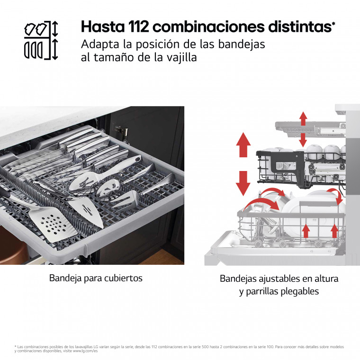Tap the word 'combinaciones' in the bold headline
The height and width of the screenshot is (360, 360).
209,27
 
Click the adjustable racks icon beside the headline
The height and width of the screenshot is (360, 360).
41,40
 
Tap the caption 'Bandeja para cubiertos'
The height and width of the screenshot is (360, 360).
96,278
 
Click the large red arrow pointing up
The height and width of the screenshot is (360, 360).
243,144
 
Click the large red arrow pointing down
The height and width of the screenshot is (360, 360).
243,183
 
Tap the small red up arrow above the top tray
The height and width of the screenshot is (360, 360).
303,118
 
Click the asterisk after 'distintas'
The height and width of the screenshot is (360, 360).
333,23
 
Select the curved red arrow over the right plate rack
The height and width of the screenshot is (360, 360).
335,195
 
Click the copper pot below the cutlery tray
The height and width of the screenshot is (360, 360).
13,246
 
